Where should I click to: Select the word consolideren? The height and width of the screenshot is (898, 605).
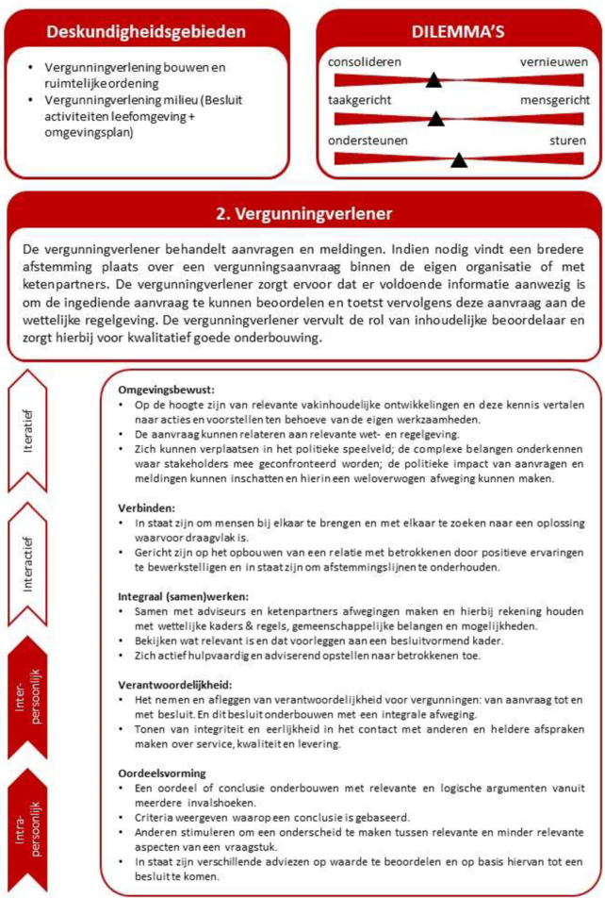[x=365, y=62]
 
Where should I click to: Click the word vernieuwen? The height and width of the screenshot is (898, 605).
[x=553, y=62]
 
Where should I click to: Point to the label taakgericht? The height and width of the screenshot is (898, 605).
[x=360, y=100]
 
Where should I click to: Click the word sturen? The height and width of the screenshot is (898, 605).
[x=567, y=140]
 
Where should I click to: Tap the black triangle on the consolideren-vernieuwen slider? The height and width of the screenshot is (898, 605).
[x=433, y=80]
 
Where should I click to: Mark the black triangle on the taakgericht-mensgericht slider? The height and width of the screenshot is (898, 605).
[x=435, y=119]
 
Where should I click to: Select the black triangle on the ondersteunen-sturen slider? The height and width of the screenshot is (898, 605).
[x=459, y=159]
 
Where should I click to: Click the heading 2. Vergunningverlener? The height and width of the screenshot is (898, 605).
[x=303, y=213]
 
